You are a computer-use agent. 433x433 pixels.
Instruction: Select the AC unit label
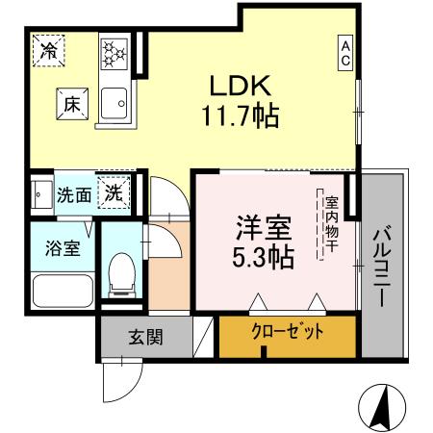pos(344,52)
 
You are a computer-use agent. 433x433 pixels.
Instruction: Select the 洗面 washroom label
pos(73,193)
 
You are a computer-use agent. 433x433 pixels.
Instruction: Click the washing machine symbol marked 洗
pos(114,192)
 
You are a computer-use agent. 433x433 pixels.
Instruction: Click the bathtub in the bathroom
pos(60,290)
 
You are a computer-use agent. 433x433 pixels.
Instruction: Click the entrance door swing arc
pos(116,380)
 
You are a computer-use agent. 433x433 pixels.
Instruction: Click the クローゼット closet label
pos(287,334)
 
